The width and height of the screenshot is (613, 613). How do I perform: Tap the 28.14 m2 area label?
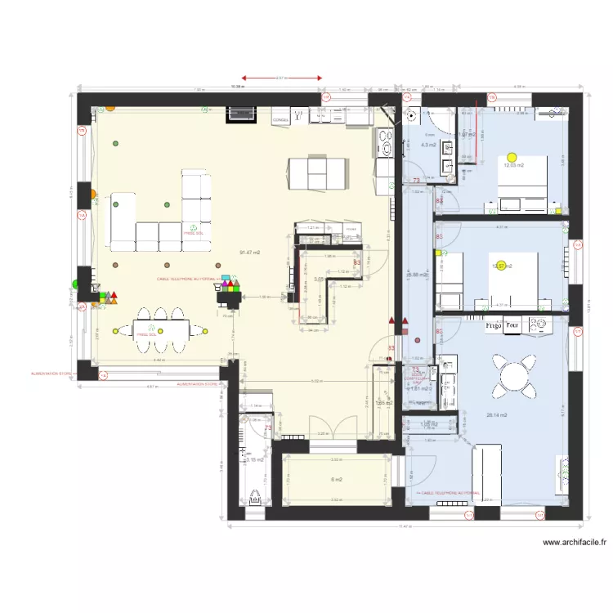coord(497,415)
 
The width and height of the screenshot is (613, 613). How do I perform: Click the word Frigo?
coord(493,324)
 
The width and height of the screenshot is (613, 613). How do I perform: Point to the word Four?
coord(512,324)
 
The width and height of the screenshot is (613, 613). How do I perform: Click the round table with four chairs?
coord(515,376)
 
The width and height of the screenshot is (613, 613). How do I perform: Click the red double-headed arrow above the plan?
coord(280,78)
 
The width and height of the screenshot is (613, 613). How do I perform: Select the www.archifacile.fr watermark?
coord(575,542)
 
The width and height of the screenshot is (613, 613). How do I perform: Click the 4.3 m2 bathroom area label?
coord(427,145)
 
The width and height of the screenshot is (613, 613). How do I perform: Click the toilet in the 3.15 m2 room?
coord(255,496)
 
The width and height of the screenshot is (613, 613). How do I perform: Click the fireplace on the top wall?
coord(241,114)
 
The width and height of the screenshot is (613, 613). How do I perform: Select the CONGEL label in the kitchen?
coord(281,120)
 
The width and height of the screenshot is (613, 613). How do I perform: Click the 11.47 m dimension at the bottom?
coord(404,526)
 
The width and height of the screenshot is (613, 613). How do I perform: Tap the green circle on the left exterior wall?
coord(75,284)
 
